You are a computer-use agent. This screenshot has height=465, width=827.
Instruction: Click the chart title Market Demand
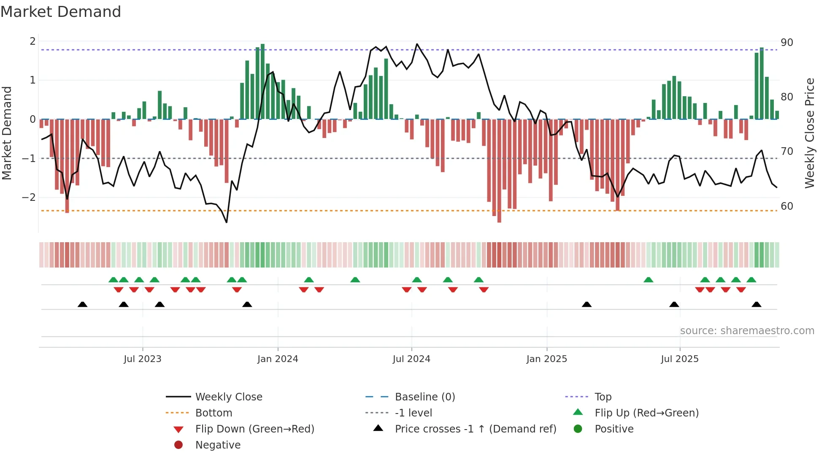[x=61, y=12]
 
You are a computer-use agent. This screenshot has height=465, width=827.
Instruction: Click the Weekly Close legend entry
[x=228, y=397]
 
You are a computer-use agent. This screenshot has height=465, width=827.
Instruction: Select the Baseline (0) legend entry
[x=424, y=397]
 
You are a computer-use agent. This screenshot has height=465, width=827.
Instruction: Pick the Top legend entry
[x=603, y=397]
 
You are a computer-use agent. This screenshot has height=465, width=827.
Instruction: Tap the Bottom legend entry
[x=214, y=413]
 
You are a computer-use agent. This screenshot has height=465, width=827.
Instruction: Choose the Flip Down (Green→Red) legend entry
[x=254, y=429]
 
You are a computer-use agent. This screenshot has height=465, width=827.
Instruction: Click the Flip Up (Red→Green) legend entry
[x=646, y=413]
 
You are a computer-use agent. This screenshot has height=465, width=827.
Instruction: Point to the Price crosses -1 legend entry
[x=475, y=429]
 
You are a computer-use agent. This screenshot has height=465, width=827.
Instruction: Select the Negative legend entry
[x=218, y=445]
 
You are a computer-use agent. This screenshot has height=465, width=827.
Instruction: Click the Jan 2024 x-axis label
[x=278, y=359]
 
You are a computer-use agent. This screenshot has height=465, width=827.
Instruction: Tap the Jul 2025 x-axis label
[x=679, y=359]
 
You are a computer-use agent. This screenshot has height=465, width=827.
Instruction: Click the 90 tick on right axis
[x=786, y=43]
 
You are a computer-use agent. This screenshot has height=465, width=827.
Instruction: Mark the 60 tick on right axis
[x=786, y=206]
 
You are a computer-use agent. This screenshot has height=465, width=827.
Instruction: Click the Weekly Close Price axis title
[x=809, y=133]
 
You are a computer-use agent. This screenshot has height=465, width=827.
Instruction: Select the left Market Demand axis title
[x=7, y=133]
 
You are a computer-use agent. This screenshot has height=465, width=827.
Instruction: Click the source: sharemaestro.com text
[x=747, y=330]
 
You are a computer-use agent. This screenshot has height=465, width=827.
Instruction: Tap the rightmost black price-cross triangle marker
[x=756, y=304]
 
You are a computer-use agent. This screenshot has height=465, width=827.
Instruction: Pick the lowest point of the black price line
[x=227, y=222]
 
